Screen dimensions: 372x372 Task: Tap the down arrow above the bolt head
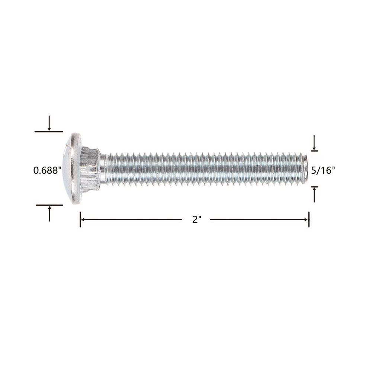click(x=49, y=123)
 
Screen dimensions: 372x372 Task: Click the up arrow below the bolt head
click(x=49, y=214)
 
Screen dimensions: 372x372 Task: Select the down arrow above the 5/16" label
click(x=314, y=142)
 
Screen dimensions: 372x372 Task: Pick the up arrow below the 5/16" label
click(x=315, y=195)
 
